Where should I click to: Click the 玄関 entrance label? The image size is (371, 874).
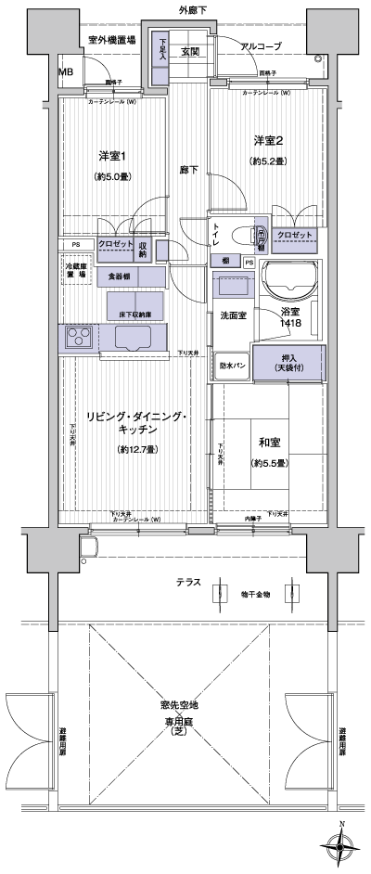tap(190, 51)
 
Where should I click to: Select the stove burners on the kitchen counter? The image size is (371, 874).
tap(79, 337)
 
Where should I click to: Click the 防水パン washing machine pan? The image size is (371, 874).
tap(233, 365)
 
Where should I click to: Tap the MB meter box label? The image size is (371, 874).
tap(67, 71)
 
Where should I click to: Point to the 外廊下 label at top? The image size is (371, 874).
tap(192, 9)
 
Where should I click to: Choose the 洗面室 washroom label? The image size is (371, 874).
tap(232, 315)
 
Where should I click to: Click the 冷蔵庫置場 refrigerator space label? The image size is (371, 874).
tap(76, 271)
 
